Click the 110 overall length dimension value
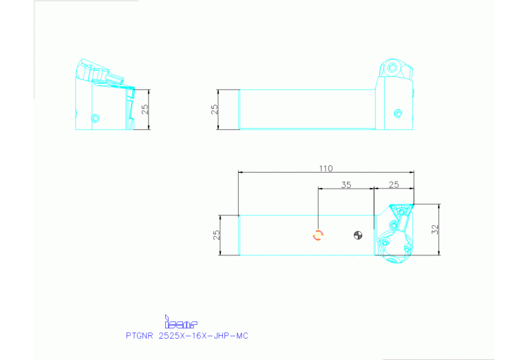[326, 169]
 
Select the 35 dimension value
[346, 184]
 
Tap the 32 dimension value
[434, 230]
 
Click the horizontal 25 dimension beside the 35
[394, 184]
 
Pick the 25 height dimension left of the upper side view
[214, 109]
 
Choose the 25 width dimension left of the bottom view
[215, 235]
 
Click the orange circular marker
[318, 235]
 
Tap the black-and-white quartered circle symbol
[357, 235]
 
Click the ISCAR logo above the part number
[181, 321]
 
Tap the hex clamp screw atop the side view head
[392, 69]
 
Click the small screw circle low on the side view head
[397, 113]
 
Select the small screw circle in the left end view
[95, 117]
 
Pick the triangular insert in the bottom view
[400, 209]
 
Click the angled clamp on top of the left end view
[96, 72]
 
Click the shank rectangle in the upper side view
[306, 109]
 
